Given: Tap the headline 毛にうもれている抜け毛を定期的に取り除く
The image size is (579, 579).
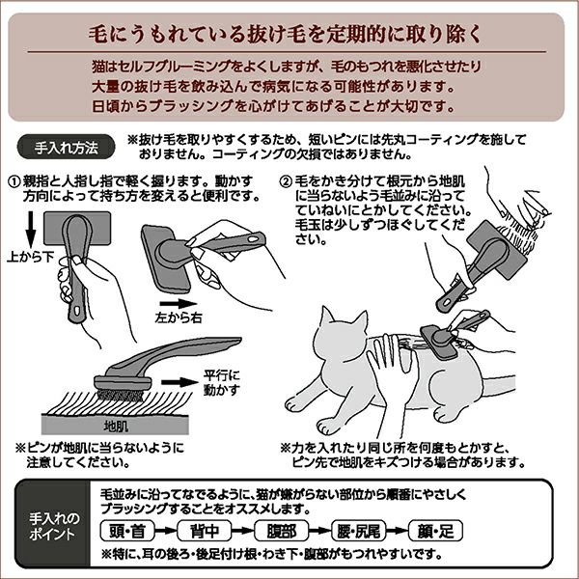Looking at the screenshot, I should pyautogui.click(x=289, y=34).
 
